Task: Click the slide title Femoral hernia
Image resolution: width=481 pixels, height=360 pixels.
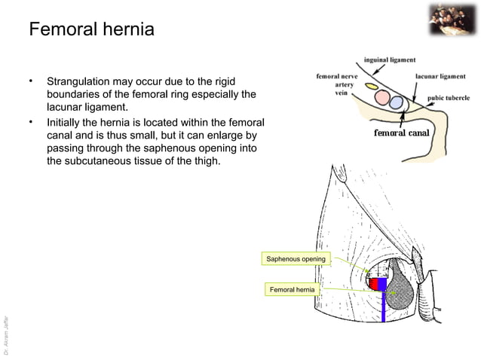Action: pos(90,31)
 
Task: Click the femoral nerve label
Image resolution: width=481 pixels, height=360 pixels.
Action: pos(337,76)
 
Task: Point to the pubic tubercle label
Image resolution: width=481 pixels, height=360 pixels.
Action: pos(449,98)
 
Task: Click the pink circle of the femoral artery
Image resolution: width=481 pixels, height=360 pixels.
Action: pos(383,99)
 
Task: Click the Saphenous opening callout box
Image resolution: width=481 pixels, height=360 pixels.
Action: pos(296,259)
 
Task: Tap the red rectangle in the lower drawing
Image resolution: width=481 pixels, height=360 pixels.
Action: pos(372,284)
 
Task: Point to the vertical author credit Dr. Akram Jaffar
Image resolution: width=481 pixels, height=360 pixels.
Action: pos(7,324)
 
